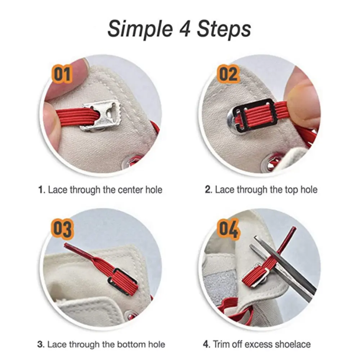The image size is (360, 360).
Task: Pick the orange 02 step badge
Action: (228, 74)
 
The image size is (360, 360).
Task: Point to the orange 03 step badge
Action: (62, 229)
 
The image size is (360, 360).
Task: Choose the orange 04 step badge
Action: (228, 229)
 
